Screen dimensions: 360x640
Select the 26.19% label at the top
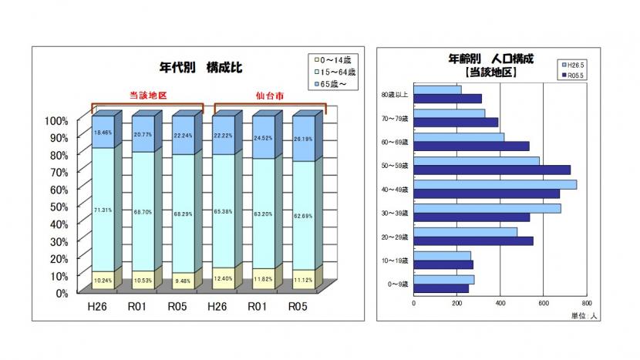coord(303,140)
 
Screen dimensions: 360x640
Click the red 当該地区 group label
coord(147,96)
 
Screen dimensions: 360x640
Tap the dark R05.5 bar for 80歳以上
coord(447,99)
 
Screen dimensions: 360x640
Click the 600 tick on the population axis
coord(544,303)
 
